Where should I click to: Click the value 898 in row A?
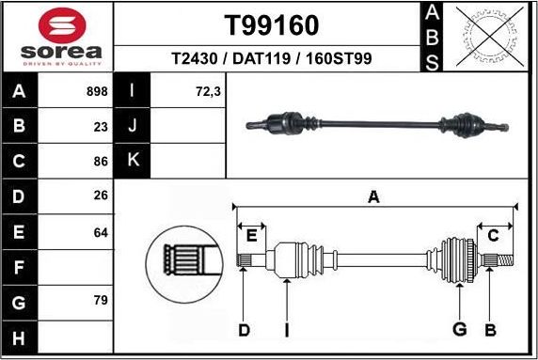(96, 92)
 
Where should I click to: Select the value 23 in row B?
(101, 126)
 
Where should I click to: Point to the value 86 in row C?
(101, 161)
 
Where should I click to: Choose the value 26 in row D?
(101, 196)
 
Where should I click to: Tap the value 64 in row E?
(101, 230)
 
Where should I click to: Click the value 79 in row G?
(101, 301)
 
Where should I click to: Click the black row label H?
(20, 336)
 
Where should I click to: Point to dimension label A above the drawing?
(373, 197)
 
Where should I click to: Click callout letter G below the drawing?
(460, 329)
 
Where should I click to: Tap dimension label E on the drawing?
(251, 235)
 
